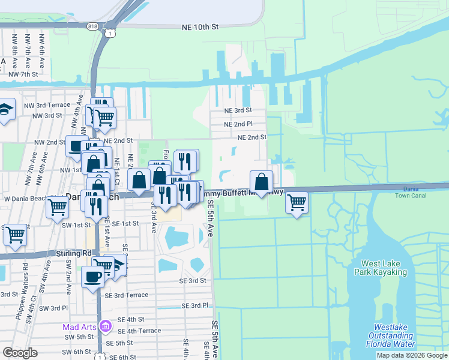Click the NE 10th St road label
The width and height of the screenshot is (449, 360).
(200, 28)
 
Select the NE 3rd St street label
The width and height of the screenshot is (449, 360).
(238, 110)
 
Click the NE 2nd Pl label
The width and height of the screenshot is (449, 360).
(238, 124)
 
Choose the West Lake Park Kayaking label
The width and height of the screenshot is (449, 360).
(384, 268)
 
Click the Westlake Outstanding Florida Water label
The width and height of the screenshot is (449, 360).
(391, 335)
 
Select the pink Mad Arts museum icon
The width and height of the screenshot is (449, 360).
(105, 327)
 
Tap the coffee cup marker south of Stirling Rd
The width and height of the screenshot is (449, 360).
(92, 277)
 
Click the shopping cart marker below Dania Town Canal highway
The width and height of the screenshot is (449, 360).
(297, 203)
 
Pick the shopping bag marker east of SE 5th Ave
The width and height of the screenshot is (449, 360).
(262, 181)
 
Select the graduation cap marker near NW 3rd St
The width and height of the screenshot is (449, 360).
(5, 109)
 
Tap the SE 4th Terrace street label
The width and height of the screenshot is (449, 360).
(139, 331)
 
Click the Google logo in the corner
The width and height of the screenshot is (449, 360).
(20, 352)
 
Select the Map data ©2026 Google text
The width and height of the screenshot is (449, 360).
(412, 355)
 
